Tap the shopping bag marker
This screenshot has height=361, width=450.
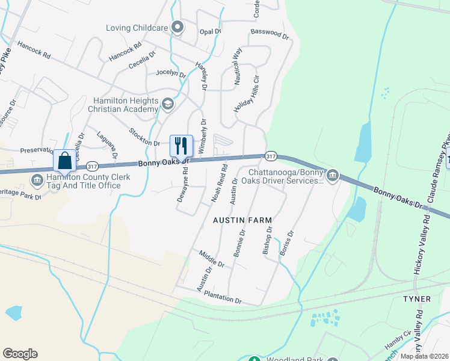pyautogui.click(x=65, y=161)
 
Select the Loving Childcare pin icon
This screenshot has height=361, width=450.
pyautogui.click(x=177, y=28)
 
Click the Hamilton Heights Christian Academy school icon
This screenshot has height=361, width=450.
pyautogui.click(x=167, y=105)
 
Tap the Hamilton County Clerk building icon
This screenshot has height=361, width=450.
pyautogui.click(x=37, y=179)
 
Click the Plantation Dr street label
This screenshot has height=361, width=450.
pyautogui.click(x=223, y=297)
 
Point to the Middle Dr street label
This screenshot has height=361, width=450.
pyautogui.click(x=212, y=259)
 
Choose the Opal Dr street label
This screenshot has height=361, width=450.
pyautogui.click(x=210, y=31)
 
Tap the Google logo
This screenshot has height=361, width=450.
pyautogui.click(x=20, y=354)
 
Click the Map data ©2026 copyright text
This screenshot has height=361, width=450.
pyautogui.click(x=425, y=356)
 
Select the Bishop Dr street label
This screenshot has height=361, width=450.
pyautogui.click(x=267, y=241)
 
